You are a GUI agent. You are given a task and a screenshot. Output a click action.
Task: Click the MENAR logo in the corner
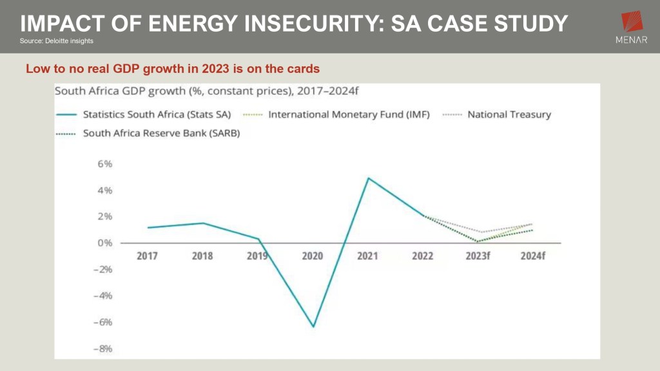[x=632, y=29]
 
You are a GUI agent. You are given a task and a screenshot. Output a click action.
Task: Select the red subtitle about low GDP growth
[x=173, y=68]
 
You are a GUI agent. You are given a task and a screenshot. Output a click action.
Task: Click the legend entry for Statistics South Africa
[x=157, y=115]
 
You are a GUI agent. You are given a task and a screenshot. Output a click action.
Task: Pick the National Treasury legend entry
[x=509, y=115]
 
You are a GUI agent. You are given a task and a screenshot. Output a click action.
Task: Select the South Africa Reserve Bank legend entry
[x=161, y=133]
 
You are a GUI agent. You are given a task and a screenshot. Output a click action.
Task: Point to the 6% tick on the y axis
[x=104, y=164]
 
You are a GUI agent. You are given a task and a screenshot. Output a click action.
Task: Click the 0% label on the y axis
[x=104, y=243]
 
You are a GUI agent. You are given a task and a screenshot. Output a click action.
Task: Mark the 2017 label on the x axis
[x=148, y=256]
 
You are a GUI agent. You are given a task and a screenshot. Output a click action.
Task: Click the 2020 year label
[x=313, y=256]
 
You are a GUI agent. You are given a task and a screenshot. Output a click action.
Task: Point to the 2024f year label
[x=533, y=256]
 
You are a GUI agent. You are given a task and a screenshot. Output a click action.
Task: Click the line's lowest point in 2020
[x=313, y=327]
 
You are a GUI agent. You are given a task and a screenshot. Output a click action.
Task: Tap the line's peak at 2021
[x=367, y=178]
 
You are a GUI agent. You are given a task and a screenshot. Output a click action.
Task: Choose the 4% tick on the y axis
[x=104, y=190]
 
